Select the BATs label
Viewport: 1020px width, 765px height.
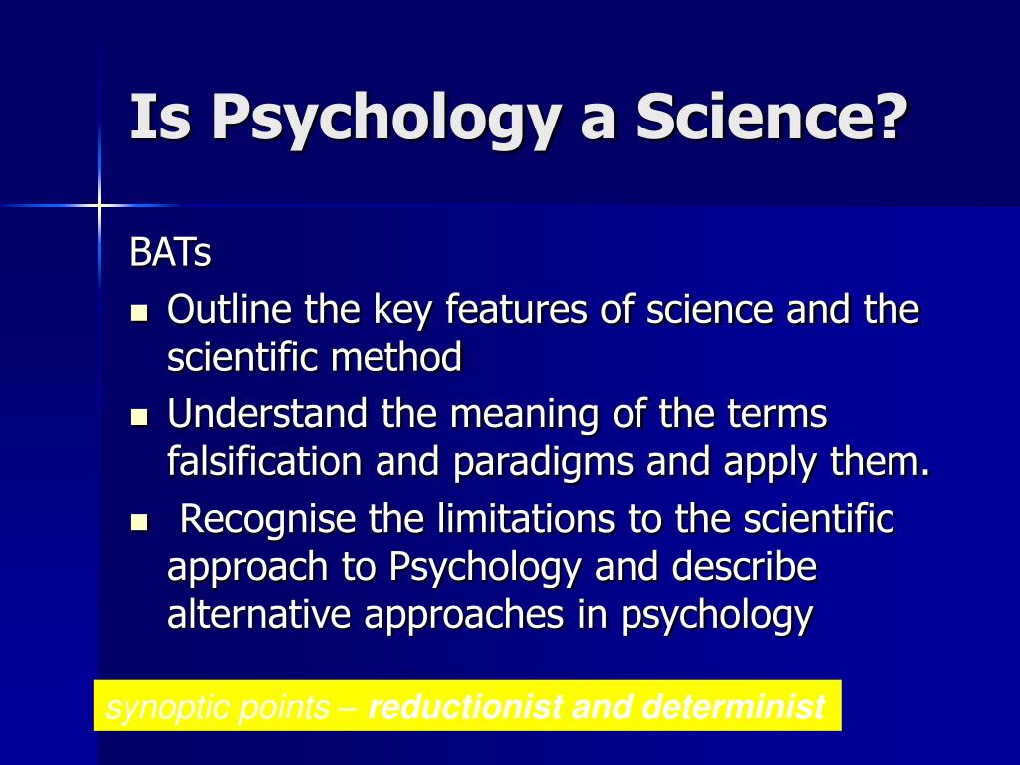170,252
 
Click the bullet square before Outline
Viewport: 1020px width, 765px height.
139,313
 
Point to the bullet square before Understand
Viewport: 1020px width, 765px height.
139,417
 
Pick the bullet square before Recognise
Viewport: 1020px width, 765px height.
139,522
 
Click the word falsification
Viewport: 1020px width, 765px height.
264,460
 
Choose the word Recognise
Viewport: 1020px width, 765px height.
267,520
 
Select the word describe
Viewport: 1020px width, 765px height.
744,566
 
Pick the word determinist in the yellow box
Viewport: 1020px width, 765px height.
734,707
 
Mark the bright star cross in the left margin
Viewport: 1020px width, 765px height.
99,206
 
